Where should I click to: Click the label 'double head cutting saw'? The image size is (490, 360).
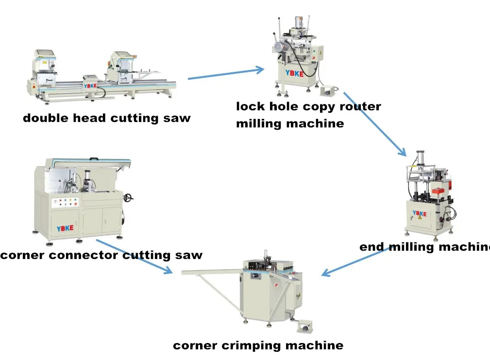pyautogui.click(x=106, y=118)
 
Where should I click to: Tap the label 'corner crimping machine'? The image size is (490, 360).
pyautogui.click(x=258, y=346)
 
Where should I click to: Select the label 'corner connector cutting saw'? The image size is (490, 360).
pyautogui.click(x=101, y=255)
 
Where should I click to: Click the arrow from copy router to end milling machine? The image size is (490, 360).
pyautogui.click(x=375, y=123)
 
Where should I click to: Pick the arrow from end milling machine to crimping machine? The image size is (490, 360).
pyautogui.click(x=355, y=262)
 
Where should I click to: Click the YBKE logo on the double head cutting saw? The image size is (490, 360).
pyautogui.click(x=90, y=86)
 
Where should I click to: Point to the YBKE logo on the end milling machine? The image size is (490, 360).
pyautogui.click(x=419, y=213)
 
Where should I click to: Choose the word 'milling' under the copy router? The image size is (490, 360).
pyautogui.click(x=259, y=124)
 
